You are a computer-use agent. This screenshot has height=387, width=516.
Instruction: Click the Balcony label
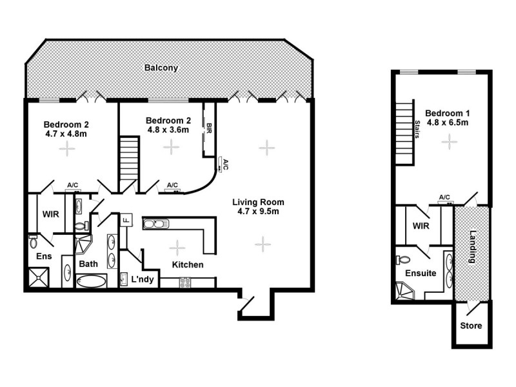[x=161, y=68]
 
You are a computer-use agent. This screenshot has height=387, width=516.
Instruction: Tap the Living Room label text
[x=258, y=202]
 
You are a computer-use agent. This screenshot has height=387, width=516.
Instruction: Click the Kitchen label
[x=188, y=264]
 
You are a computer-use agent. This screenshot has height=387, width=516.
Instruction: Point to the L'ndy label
[x=142, y=280]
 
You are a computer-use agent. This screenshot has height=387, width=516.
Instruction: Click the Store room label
[x=470, y=326]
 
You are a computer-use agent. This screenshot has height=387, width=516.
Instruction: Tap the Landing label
[x=472, y=246]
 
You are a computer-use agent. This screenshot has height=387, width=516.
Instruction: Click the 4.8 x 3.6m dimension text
[x=167, y=129]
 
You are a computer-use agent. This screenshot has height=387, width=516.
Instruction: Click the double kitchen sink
[x=155, y=224]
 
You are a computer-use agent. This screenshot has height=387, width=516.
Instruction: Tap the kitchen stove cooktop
[x=185, y=281]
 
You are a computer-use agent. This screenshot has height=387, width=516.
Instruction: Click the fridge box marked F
[x=126, y=219]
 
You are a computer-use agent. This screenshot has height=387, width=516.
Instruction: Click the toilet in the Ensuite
[x=401, y=259]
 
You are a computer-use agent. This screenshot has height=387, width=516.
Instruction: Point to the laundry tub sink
[x=124, y=279]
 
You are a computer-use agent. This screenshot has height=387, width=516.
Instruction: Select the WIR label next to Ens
[x=51, y=213]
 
